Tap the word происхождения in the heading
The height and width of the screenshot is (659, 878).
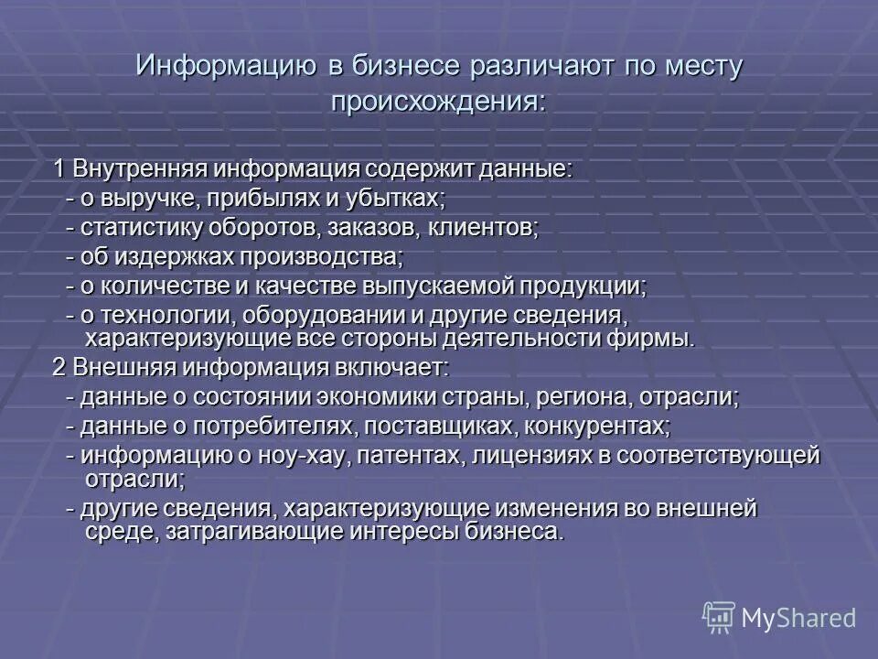(x=437, y=102)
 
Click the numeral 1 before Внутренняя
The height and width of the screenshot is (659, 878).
(x=59, y=169)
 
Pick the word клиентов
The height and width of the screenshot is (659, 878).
(x=485, y=228)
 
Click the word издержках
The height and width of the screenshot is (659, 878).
(x=174, y=257)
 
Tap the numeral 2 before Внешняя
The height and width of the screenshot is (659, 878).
(x=58, y=368)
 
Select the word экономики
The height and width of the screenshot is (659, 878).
(x=379, y=397)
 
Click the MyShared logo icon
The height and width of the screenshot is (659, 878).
(x=718, y=617)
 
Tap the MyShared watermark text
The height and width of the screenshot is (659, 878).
(x=798, y=618)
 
